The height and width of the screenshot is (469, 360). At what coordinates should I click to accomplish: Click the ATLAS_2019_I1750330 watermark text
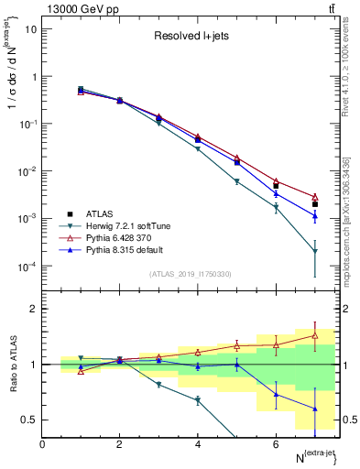(x=191, y=274)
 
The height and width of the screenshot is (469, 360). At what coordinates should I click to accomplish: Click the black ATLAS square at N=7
(x=314, y=204)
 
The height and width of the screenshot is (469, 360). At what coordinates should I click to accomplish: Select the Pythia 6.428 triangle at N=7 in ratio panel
(x=314, y=335)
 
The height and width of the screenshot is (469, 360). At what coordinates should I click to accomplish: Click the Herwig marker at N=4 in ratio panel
(x=198, y=400)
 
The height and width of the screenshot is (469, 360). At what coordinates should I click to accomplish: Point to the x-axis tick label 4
(x=198, y=444)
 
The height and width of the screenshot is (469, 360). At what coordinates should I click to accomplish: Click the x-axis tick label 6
(x=276, y=444)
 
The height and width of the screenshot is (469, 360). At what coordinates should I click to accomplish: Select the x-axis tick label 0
(x=42, y=444)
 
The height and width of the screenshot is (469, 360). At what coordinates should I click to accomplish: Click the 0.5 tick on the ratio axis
(x=30, y=420)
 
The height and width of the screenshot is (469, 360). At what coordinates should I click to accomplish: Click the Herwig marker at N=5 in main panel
(x=236, y=182)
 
